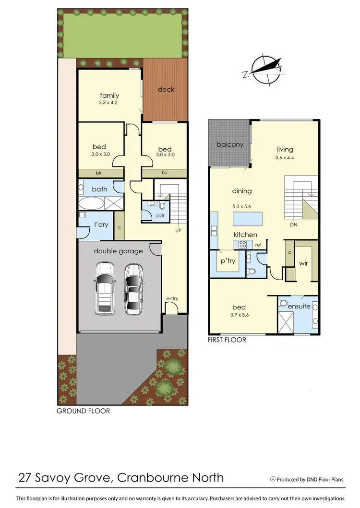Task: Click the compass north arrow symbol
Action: pos(263,70)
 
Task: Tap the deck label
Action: pos(166,89)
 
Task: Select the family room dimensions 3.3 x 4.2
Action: pos(109,103)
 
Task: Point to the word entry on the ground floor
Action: pos(172,299)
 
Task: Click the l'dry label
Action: pos(101,224)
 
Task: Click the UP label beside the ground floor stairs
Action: pos(179,231)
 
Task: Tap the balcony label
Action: pos(230,144)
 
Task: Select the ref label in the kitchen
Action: pos(258,245)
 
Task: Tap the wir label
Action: pos(303,263)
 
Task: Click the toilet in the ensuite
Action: pos(284,304)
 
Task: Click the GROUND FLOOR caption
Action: pos(83,411)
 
